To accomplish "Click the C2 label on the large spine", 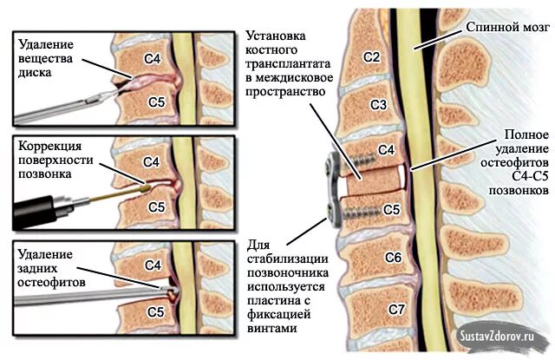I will tap(372, 57).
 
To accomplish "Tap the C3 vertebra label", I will tap(378, 105).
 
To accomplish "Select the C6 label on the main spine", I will tap(392, 258).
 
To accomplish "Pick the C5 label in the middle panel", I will tap(156, 207).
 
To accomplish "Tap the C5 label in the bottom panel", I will tap(156, 310).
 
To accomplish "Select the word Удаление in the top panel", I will tap(42, 43).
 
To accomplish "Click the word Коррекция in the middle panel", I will tap(49, 145).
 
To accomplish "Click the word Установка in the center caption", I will tap(274, 37).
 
